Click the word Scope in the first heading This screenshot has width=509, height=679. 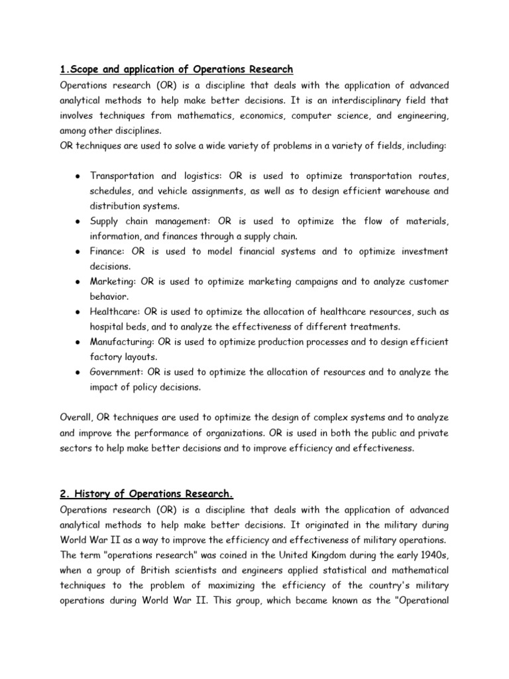coord(85,70)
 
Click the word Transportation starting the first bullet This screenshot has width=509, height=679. coord(123,176)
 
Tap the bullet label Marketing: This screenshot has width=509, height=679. coord(113,282)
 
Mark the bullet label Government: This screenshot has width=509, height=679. coord(118,372)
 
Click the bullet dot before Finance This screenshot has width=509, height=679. coord(78,252)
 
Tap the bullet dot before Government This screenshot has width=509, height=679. coord(78,373)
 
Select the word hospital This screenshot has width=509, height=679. coord(107,326)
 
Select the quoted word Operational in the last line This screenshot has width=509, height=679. coord(420,600)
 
